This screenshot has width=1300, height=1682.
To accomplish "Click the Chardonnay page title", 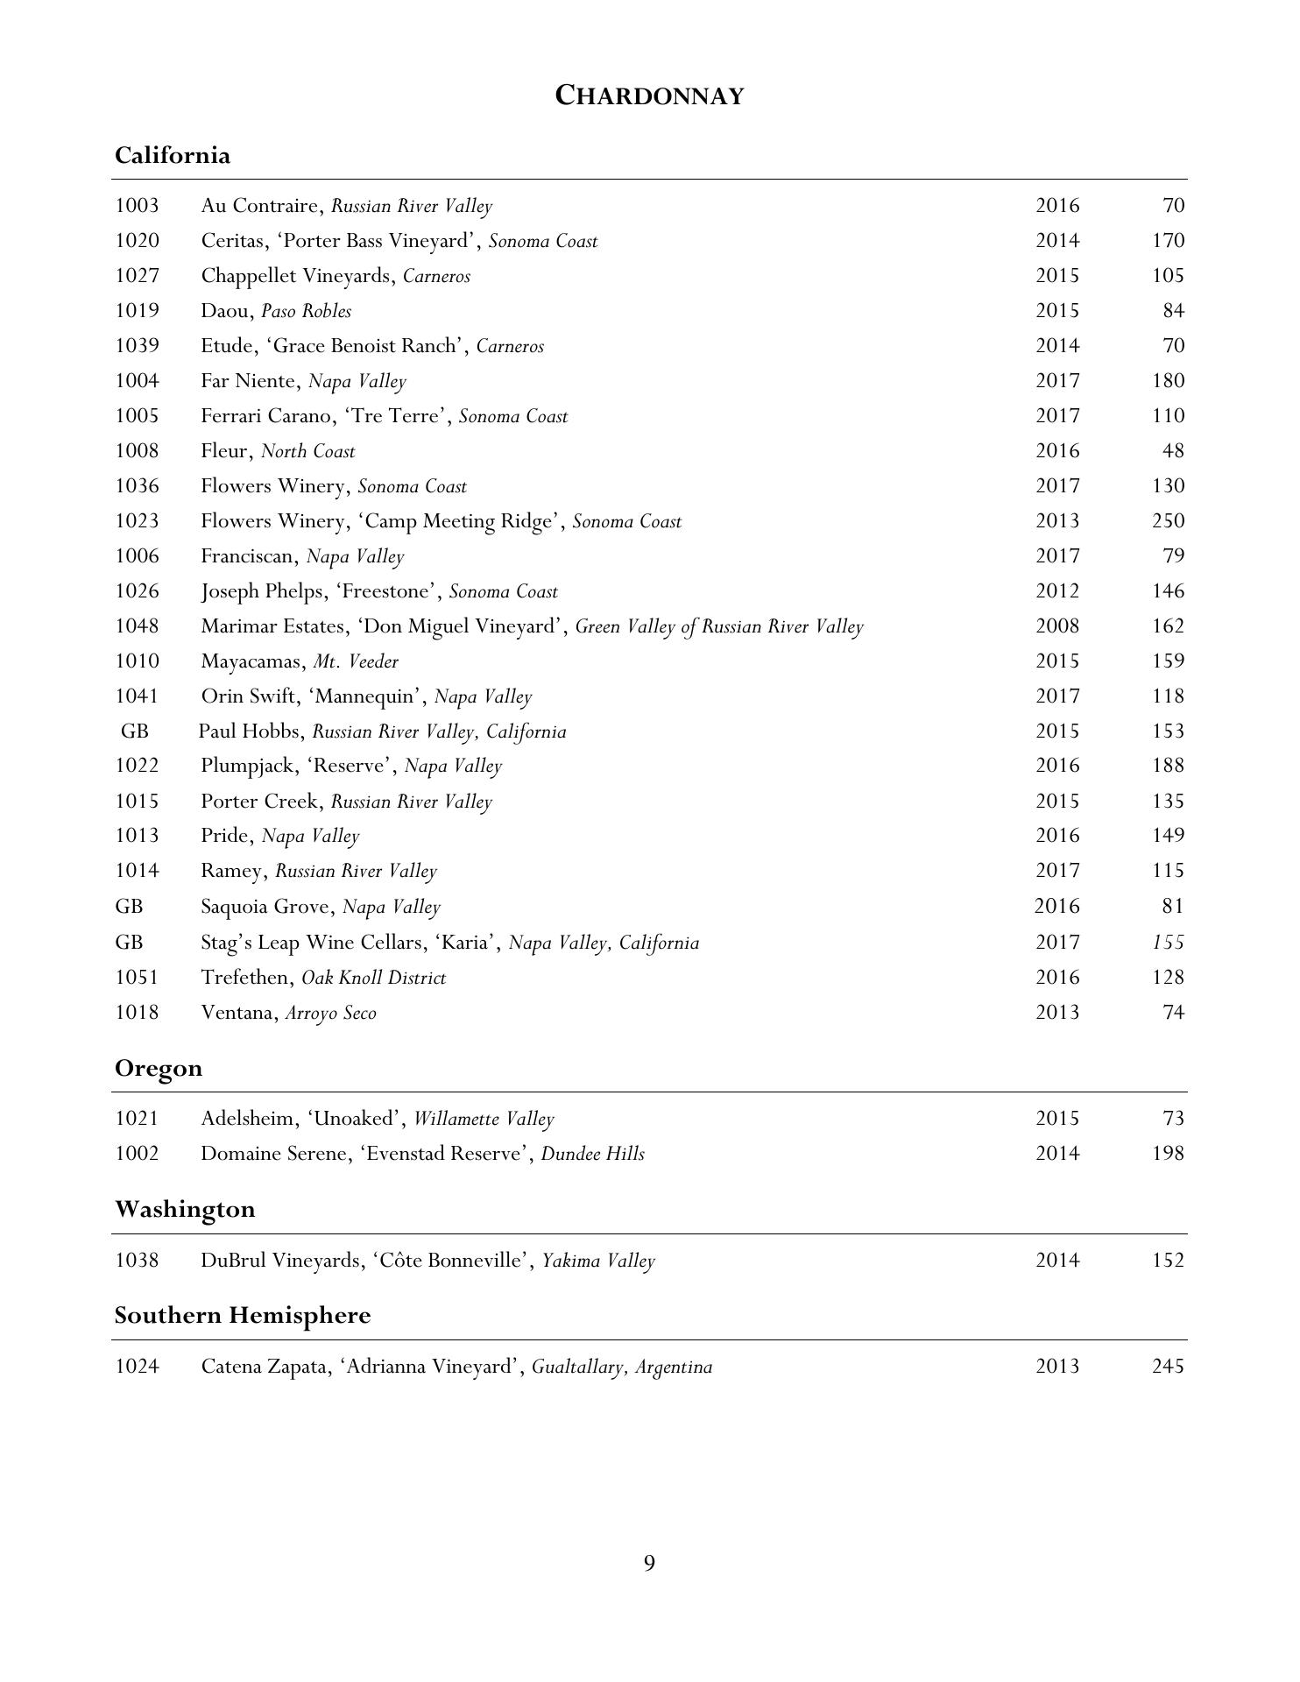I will (x=649, y=95).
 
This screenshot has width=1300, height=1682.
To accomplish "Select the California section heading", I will (x=173, y=156).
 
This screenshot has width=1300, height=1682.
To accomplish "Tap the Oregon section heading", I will (x=159, y=1069).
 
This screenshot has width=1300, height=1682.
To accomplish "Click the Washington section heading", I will (x=185, y=1210).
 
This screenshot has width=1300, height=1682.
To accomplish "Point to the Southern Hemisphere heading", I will (x=243, y=1316).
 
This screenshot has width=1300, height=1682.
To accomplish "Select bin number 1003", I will (x=137, y=206).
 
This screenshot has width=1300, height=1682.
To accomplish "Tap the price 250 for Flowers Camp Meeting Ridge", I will (x=1168, y=521).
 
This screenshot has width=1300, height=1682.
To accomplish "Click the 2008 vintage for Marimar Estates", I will (x=1057, y=626).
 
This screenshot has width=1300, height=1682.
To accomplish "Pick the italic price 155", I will (x=1168, y=943).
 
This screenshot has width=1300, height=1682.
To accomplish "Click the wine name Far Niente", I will (x=250, y=381).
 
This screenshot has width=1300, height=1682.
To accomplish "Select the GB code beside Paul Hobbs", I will (x=135, y=731).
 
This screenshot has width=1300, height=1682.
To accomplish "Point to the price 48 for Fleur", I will (x=1173, y=451).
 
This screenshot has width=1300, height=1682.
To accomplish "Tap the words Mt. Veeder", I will (x=356, y=661).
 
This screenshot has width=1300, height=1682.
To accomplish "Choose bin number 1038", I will (x=137, y=1261).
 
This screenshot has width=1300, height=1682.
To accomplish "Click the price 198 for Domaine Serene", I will (x=1168, y=1154).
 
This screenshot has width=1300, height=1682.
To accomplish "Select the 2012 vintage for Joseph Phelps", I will (x=1057, y=591).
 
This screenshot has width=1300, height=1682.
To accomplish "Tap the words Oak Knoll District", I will (x=373, y=978).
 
